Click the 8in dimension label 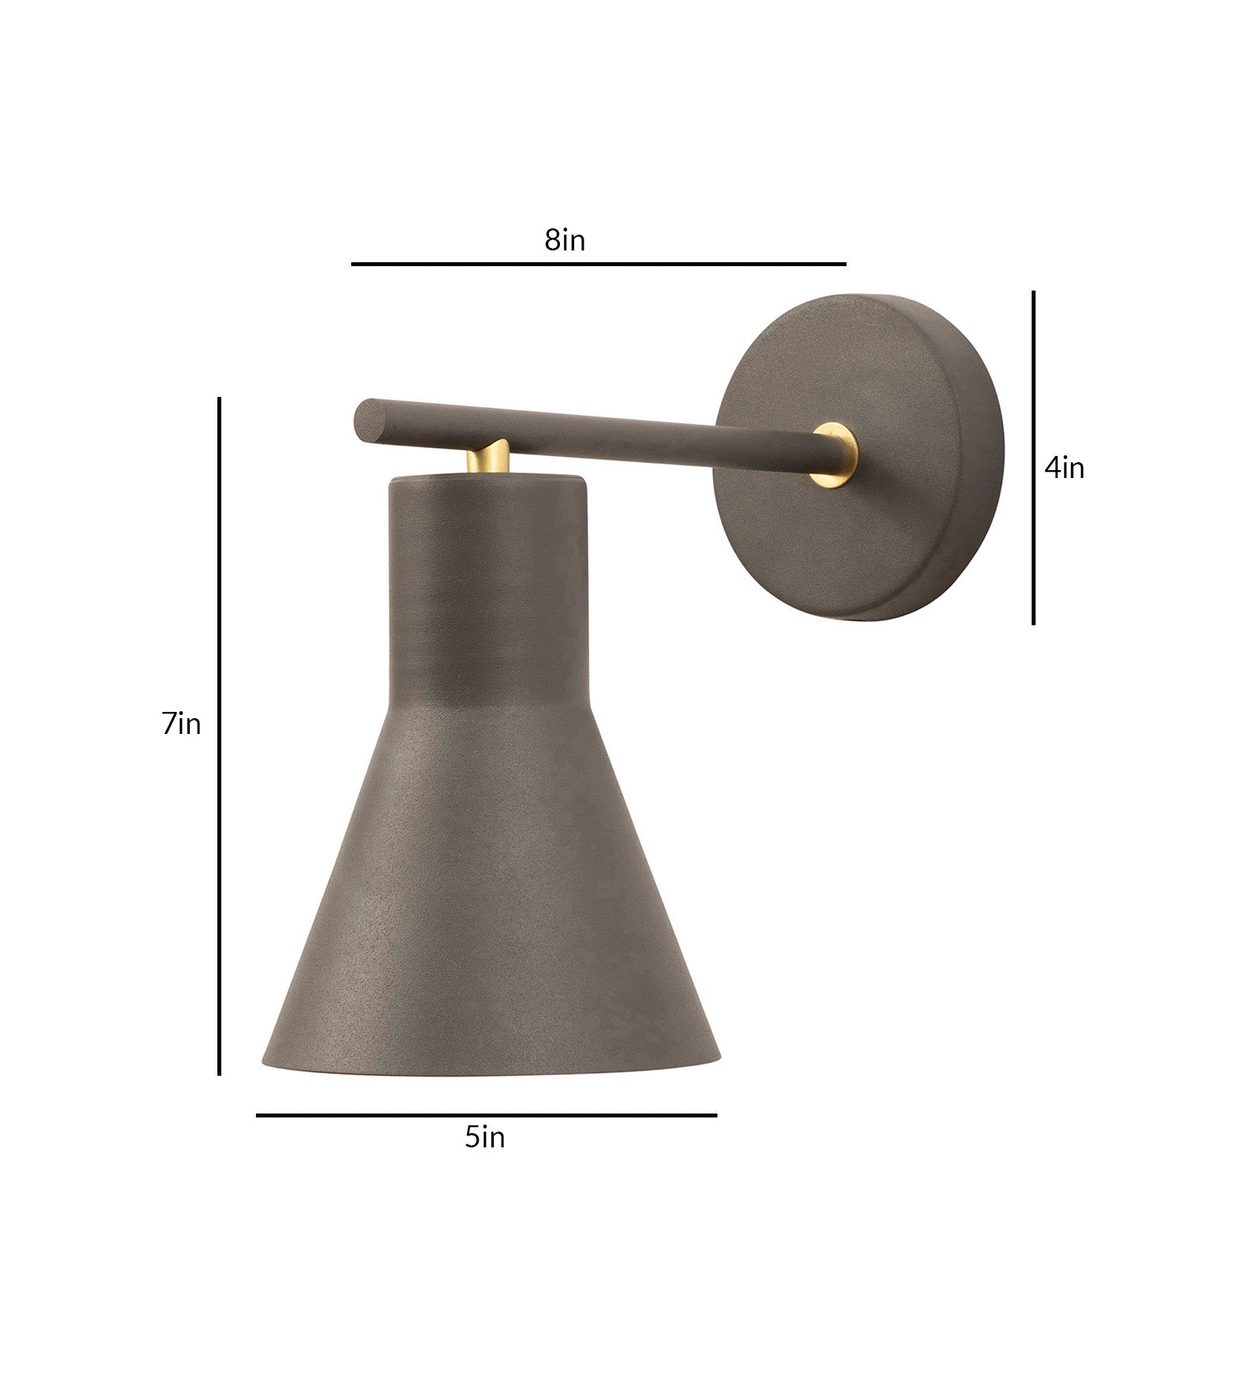565,240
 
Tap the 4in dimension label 1064,469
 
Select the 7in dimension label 182,724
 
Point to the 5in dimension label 484,1137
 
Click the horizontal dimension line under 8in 598,264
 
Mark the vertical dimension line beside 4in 1033,457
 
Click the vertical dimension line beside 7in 219,736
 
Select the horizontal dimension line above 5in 486,1114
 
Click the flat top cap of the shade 488,480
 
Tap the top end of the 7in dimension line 219,400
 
